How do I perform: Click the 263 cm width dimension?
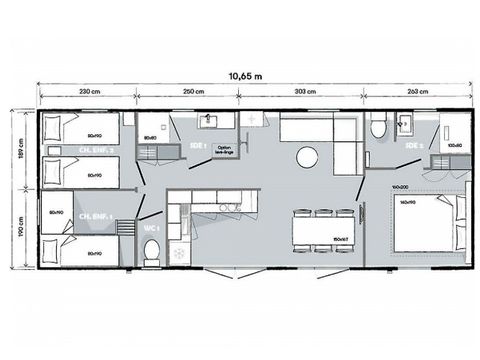tap(421, 92)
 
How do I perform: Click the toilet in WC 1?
tap(151, 257)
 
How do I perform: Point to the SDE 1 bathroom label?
tap(197, 146)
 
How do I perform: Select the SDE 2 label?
tap(413, 146)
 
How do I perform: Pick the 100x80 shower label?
tap(455, 146)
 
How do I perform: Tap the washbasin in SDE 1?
tap(211, 122)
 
